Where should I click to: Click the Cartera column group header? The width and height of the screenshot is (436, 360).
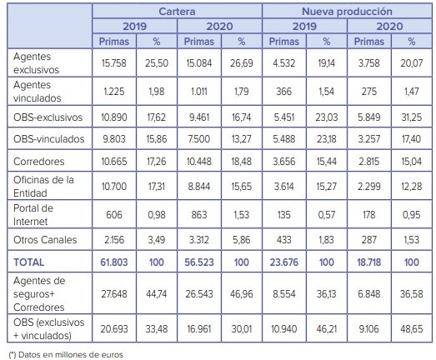coord(177,12)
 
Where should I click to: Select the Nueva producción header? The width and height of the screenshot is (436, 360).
coord(347,12)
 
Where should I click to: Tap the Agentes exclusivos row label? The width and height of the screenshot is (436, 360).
coord(36,63)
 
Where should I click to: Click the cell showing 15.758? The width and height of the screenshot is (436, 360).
coord(114,63)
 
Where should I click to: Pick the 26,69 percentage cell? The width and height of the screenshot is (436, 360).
coord(242,63)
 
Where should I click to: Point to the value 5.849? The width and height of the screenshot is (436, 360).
coord(369,117)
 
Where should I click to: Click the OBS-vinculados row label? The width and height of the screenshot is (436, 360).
coord(48,138)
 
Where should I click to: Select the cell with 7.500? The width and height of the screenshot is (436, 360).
coord(199,138)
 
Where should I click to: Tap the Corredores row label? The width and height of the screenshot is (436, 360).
coord(38,161)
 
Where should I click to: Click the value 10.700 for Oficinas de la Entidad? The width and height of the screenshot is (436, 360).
coord(114,187)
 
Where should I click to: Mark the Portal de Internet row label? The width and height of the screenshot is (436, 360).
coord(33,215)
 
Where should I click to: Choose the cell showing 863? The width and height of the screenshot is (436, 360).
coord(199,215)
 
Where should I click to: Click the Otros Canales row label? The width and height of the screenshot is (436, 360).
coord(45,240)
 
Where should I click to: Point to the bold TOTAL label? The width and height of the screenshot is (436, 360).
coord(28,262)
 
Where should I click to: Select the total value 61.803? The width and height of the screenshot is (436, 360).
coord(114,262)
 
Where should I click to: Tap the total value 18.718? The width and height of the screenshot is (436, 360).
coord(369,262)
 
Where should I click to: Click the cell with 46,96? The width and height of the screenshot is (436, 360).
coord(242,294)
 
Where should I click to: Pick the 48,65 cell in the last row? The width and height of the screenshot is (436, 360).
coord(412,329)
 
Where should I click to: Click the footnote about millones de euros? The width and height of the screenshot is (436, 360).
coord(66,355)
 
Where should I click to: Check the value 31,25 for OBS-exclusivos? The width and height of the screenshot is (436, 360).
coord(412,117)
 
